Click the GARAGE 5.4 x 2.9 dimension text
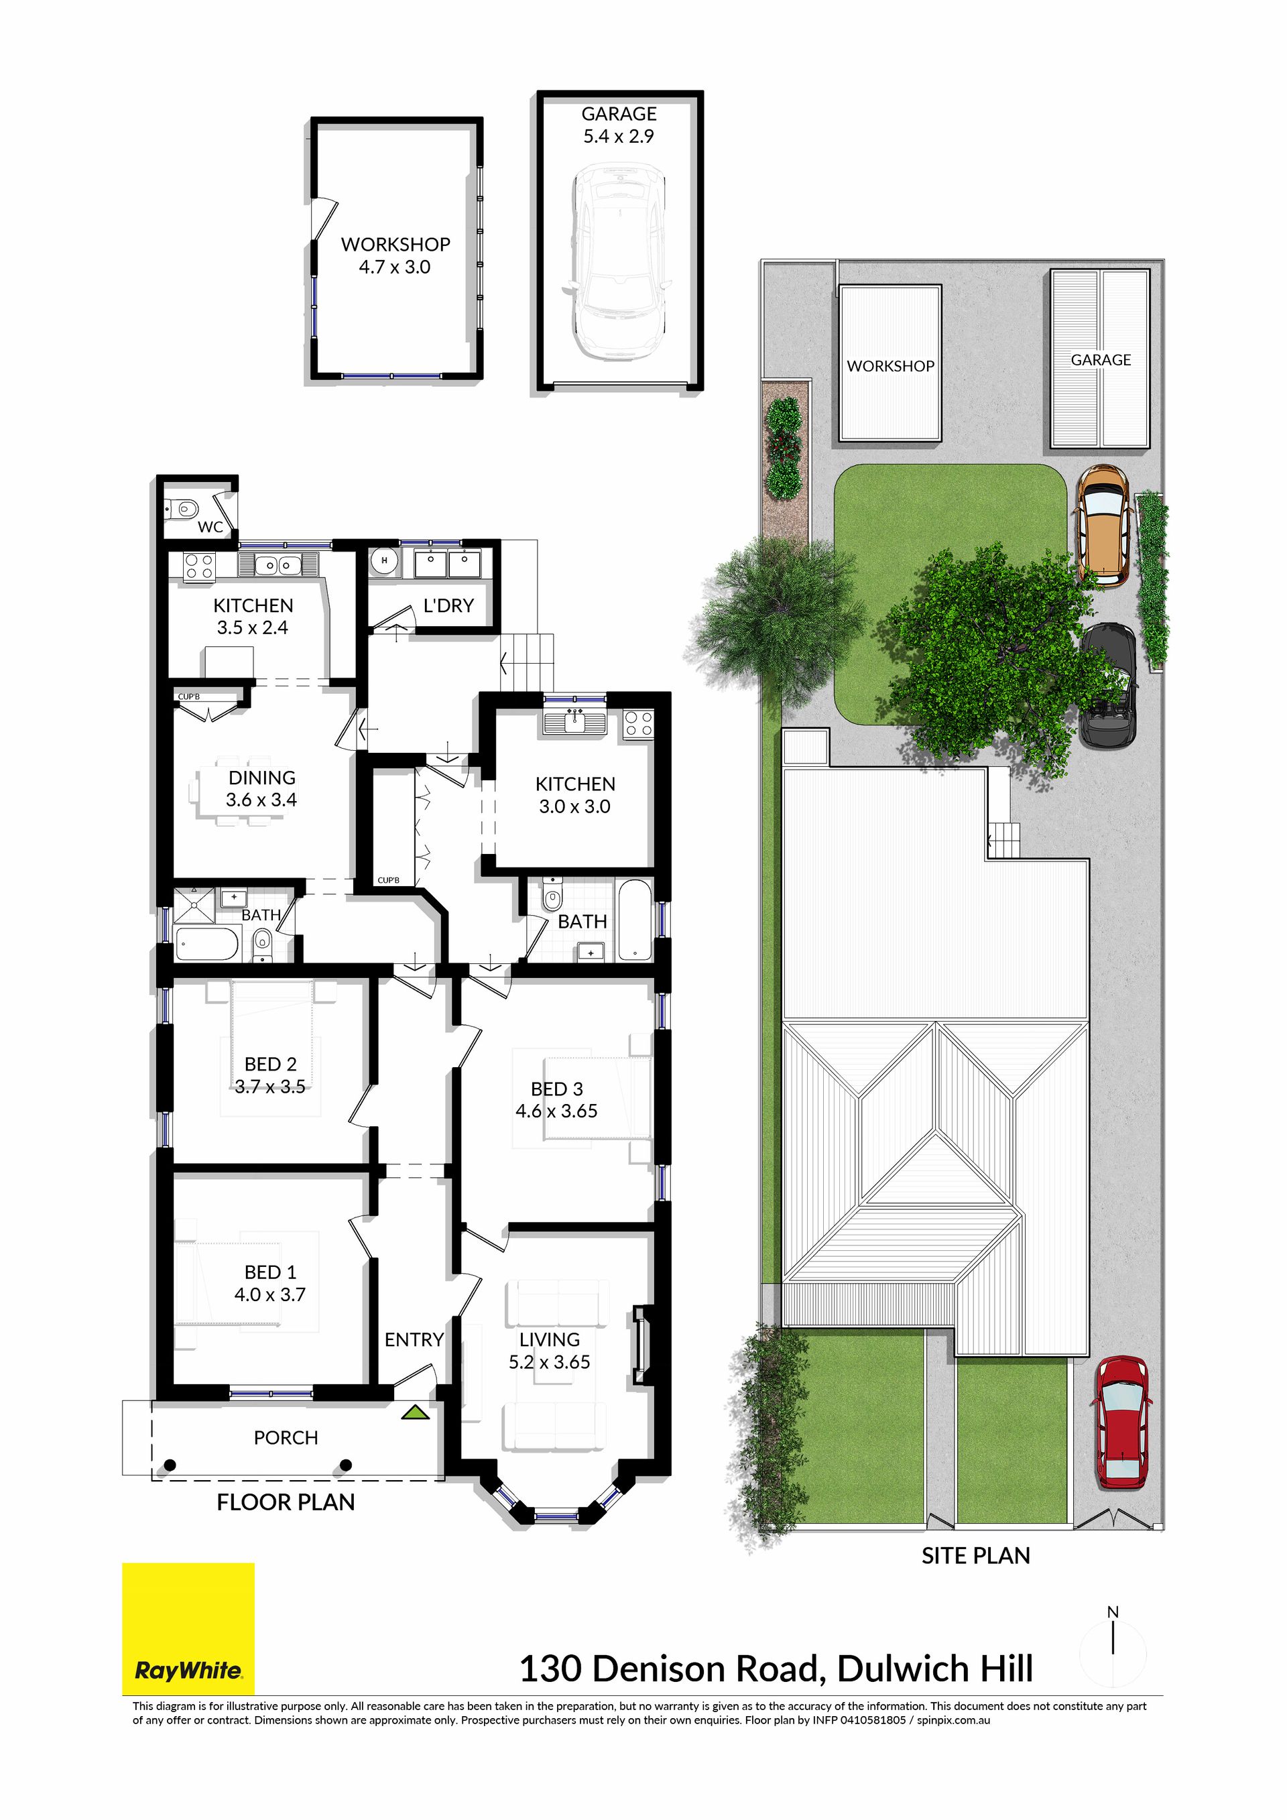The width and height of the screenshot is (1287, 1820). [x=619, y=136]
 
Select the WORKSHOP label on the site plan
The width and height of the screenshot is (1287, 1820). [x=891, y=366]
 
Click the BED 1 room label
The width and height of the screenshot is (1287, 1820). [x=270, y=1272]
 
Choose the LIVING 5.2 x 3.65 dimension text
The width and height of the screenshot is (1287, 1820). [x=549, y=1362]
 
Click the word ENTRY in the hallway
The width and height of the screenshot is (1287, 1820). [x=414, y=1339]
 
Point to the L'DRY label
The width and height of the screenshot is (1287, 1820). [x=448, y=605]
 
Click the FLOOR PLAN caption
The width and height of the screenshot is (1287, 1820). [x=286, y=1502]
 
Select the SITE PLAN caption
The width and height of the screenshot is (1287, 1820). [x=975, y=1556]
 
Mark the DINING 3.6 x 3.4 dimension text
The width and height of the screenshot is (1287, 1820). [x=261, y=800]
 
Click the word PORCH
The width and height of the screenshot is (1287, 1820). [x=286, y=1438]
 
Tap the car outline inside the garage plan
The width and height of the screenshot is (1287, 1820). [x=618, y=261]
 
